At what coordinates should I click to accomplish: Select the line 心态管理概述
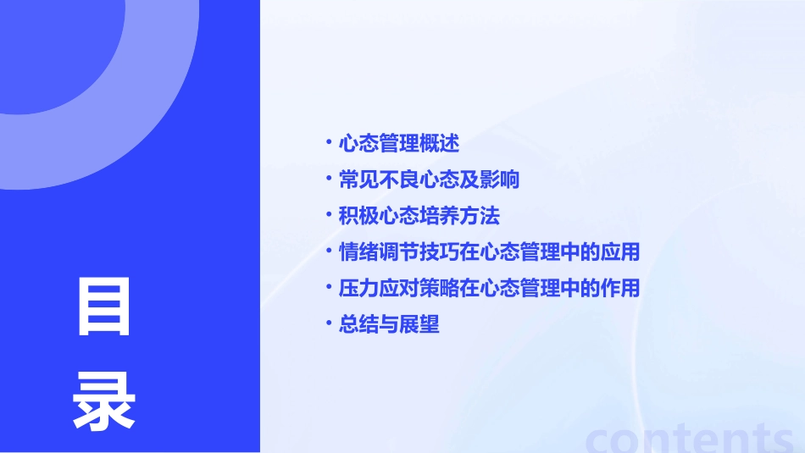coord(398,143)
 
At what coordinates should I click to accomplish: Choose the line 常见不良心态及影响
coord(429,180)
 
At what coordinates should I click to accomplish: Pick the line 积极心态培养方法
coord(419,216)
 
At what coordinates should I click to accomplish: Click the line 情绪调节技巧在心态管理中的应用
coord(489,252)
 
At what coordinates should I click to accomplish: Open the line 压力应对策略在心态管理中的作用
coord(489,288)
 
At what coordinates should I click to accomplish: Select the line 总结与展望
coord(389,324)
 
